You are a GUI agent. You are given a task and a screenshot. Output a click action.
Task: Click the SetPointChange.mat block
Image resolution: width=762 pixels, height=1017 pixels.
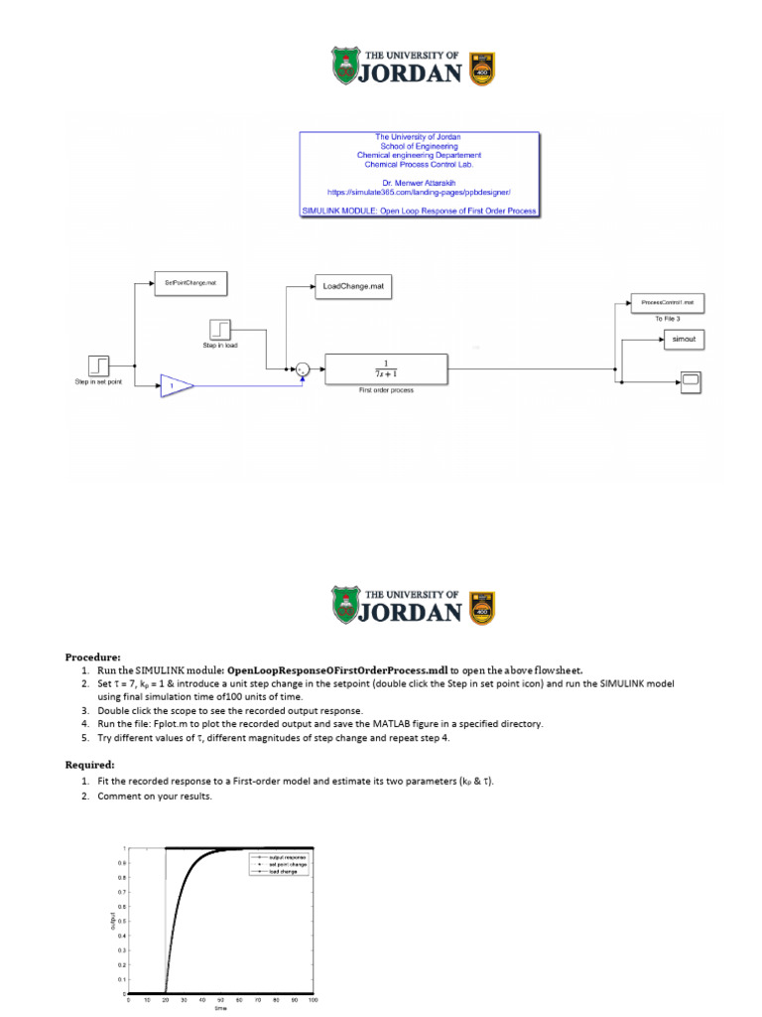pyautogui.click(x=190, y=283)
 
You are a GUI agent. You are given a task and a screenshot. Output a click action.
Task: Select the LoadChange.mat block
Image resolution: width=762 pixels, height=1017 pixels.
pyautogui.click(x=352, y=286)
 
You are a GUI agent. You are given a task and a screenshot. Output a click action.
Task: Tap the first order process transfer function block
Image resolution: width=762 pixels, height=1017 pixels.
pyautogui.click(x=386, y=368)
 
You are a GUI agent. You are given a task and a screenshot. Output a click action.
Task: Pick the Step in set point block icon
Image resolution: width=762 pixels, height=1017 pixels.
pyautogui.click(x=97, y=364)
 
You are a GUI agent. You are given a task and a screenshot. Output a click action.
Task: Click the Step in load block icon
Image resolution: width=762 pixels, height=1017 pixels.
pyautogui.click(x=220, y=329)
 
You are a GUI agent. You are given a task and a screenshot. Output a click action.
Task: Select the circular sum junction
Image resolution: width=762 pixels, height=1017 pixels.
pyautogui.click(x=304, y=369)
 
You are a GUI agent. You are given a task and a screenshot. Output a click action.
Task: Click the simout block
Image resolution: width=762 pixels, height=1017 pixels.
pyautogui.click(x=685, y=340)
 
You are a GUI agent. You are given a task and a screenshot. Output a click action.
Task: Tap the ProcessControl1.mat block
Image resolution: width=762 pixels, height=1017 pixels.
pyautogui.click(x=667, y=301)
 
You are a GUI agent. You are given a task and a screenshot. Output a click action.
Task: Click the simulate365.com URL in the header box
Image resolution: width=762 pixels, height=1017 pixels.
pyautogui.click(x=419, y=189)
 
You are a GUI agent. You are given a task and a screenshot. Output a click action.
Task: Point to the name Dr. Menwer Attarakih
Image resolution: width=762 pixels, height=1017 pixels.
pyautogui.click(x=419, y=180)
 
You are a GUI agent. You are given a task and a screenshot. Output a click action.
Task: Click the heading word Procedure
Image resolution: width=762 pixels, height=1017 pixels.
pyautogui.click(x=92, y=656)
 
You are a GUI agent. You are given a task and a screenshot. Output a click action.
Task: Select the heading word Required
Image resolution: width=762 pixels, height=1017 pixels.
pyautogui.click(x=90, y=766)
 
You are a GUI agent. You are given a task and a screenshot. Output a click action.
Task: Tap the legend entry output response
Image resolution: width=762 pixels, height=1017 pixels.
pyautogui.click(x=288, y=857)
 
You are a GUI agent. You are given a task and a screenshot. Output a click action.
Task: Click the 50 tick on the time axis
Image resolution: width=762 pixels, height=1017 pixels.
pyautogui.click(x=220, y=1000)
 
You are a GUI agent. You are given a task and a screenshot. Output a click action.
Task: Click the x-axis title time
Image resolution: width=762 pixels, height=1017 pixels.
pyautogui.click(x=220, y=1010)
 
